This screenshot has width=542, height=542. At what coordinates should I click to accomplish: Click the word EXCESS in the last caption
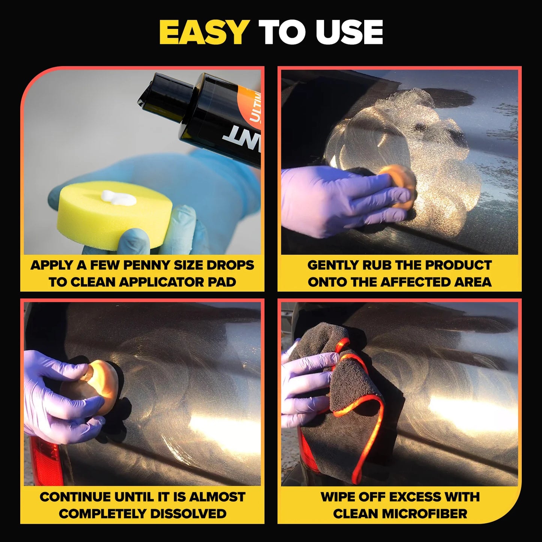(405, 497)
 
